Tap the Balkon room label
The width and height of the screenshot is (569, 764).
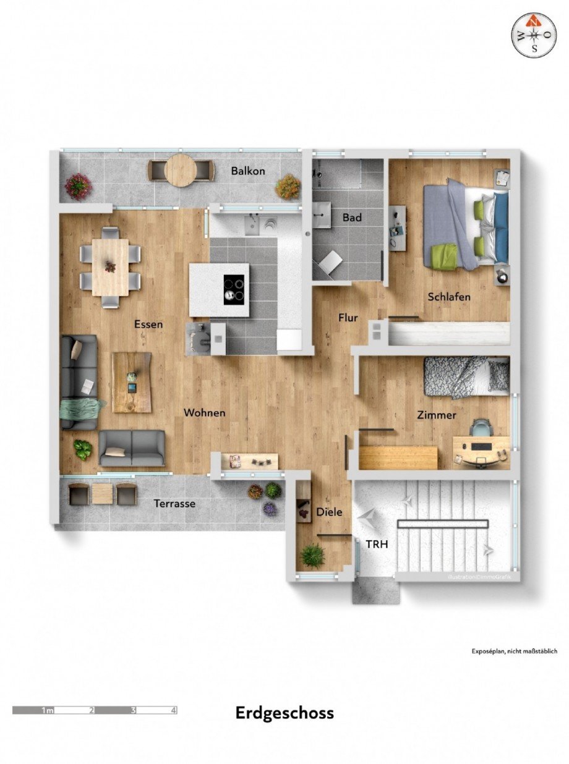(248, 171)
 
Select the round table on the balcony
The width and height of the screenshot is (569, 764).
(181, 169)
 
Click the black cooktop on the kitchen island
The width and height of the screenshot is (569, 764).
(234, 289)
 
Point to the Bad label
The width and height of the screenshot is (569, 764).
(352, 218)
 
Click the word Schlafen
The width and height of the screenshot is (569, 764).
(449, 297)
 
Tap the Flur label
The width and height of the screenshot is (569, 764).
(348, 318)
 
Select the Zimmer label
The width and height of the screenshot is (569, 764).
(437, 415)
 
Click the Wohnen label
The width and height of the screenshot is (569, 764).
(204, 412)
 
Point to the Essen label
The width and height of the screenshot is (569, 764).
(148, 324)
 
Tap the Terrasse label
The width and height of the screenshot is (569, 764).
(175, 504)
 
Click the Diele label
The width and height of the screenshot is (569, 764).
(329, 512)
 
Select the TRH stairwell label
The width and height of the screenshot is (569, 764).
(377, 545)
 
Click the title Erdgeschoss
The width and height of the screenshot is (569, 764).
(284, 713)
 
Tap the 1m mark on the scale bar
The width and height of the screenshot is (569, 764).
(47, 710)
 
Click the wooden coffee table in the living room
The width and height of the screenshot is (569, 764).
(132, 382)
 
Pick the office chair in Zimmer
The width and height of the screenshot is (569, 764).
(480, 428)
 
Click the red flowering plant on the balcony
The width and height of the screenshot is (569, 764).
(78, 185)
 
